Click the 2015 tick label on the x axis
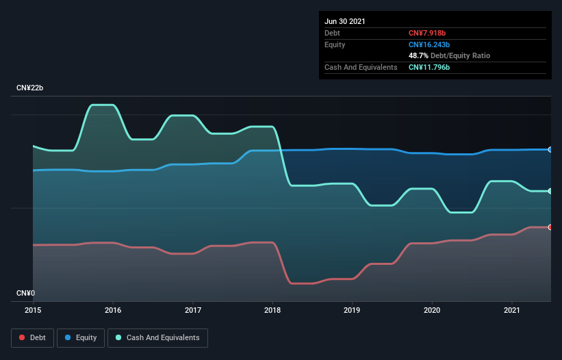pyautogui.click(x=33, y=310)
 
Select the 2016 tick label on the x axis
pyautogui.click(x=113, y=310)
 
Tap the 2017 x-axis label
pyautogui.click(x=193, y=310)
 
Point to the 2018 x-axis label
pyautogui.click(x=272, y=310)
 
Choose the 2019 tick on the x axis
pyautogui.click(x=353, y=310)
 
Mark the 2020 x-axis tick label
pyautogui.click(x=432, y=310)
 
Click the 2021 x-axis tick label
pyautogui.click(x=512, y=310)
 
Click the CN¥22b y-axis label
pyautogui.click(x=30, y=88)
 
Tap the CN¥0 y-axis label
pyautogui.click(x=25, y=293)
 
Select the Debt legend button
pyautogui.click(x=32, y=337)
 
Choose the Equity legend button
pyautogui.click(x=81, y=337)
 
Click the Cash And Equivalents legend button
pyautogui.click(x=157, y=337)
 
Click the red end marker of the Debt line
pyautogui.click(x=550, y=227)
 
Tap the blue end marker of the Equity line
pyautogui.click(x=550, y=149)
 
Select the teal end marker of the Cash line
pyautogui.click(x=550, y=191)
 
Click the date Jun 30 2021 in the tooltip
pyautogui.click(x=345, y=21)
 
